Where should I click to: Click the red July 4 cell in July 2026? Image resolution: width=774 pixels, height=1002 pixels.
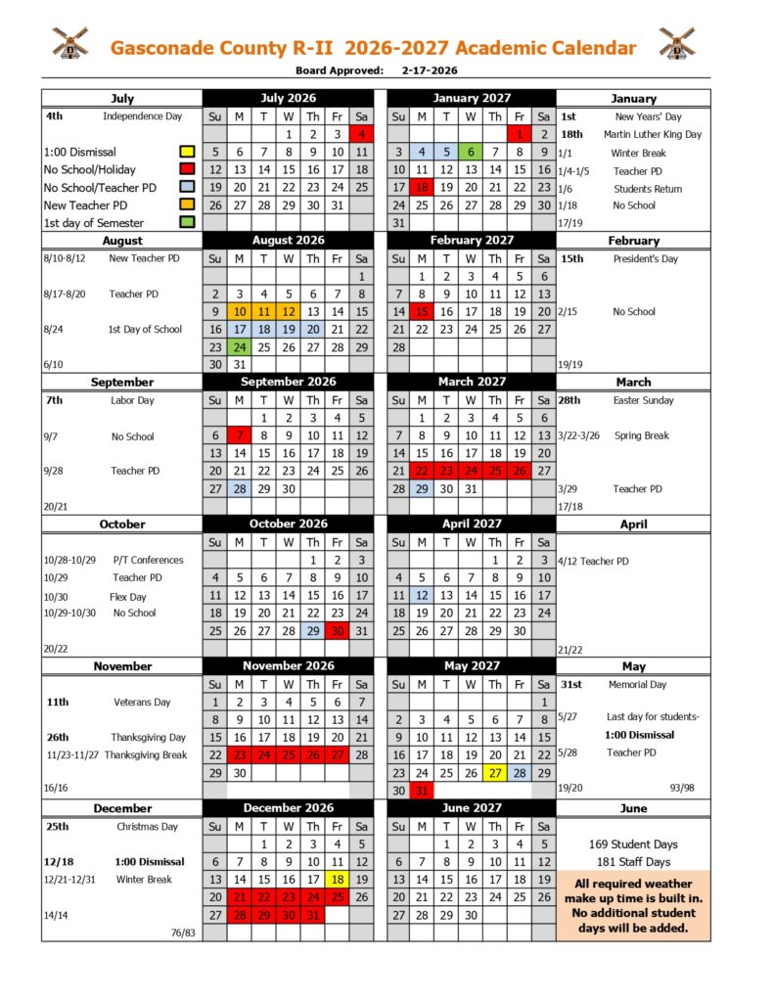click(x=361, y=134)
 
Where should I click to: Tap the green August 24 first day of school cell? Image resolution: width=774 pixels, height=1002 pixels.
click(x=239, y=346)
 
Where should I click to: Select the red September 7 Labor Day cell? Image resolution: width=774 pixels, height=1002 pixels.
click(x=239, y=435)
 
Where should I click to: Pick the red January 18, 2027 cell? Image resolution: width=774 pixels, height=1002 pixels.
click(x=422, y=187)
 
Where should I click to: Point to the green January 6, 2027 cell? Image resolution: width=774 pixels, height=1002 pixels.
click(x=471, y=152)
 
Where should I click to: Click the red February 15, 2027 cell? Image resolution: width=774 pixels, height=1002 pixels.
click(x=422, y=311)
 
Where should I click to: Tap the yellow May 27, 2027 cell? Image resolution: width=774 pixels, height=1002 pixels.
click(x=495, y=772)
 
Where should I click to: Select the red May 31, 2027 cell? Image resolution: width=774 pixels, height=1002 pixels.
click(x=422, y=791)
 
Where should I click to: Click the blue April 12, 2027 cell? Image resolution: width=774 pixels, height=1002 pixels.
click(x=422, y=595)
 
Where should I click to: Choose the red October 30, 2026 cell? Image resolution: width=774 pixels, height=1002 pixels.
click(x=337, y=630)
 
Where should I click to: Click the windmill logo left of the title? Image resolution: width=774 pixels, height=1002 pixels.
click(x=69, y=44)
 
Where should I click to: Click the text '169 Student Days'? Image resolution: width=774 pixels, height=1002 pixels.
click(x=633, y=843)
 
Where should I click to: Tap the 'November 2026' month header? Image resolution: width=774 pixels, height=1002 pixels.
click(x=288, y=665)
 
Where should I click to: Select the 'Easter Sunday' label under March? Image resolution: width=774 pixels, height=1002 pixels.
click(x=642, y=400)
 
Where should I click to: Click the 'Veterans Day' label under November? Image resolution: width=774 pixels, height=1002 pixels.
click(x=142, y=702)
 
